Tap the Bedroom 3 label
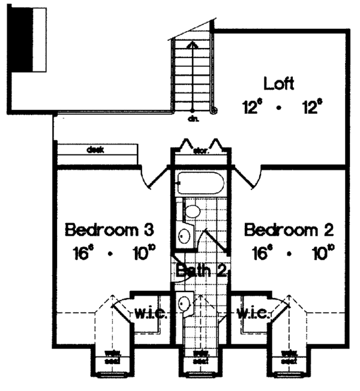point(110,230)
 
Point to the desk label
point(94,149)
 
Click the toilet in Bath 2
point(192,210)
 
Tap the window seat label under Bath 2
point(200,357)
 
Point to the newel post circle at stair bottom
point(214,110)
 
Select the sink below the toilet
point(185,233)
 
